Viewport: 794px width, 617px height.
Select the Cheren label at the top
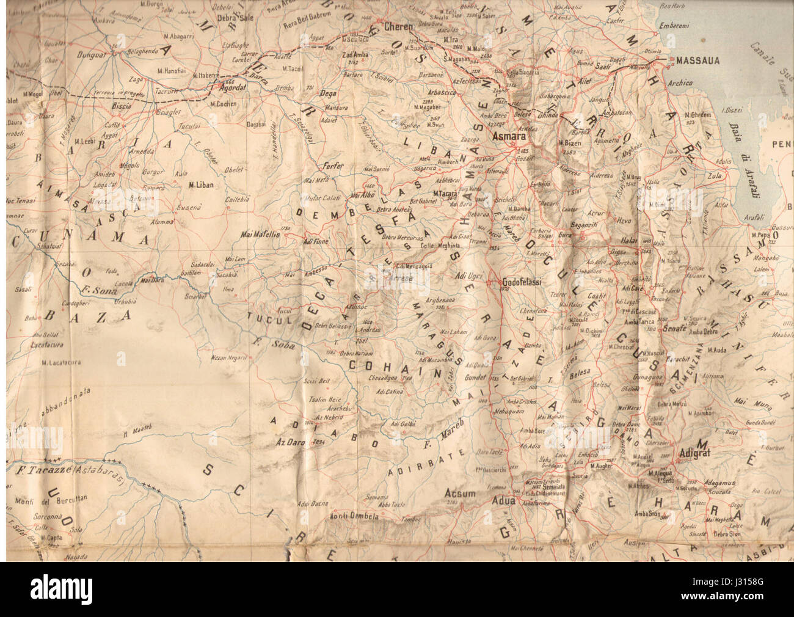point(398,27)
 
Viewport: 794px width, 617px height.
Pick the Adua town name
point(504,501)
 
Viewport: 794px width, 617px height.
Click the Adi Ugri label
point(469,276)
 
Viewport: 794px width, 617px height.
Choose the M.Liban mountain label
point(201,184)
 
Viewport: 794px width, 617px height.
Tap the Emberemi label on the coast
point(676,26)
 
